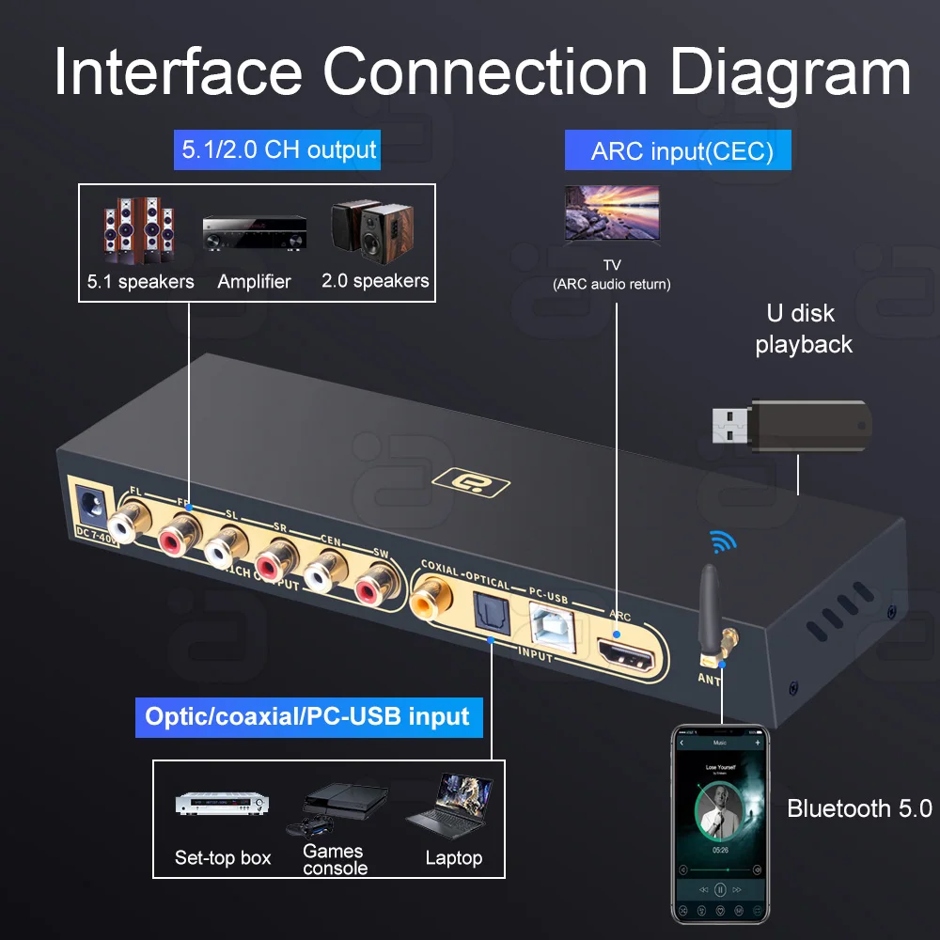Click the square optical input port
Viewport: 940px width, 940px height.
click(x=492, y=607)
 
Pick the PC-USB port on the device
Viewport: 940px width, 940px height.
click(x=548, y=624)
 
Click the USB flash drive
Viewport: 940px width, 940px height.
click(x=792, y=424)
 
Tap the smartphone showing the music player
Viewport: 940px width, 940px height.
click(x=720, y=823)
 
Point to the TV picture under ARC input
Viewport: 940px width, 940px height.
click(x=610, y=215)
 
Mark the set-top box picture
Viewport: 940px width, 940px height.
click(x=223, y=805)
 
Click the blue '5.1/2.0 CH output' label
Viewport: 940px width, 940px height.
click(x=278, y=149)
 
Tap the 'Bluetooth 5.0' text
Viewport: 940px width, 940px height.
click(x=858, y=808)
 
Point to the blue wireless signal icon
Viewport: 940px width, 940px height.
click(x=721, y=540)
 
